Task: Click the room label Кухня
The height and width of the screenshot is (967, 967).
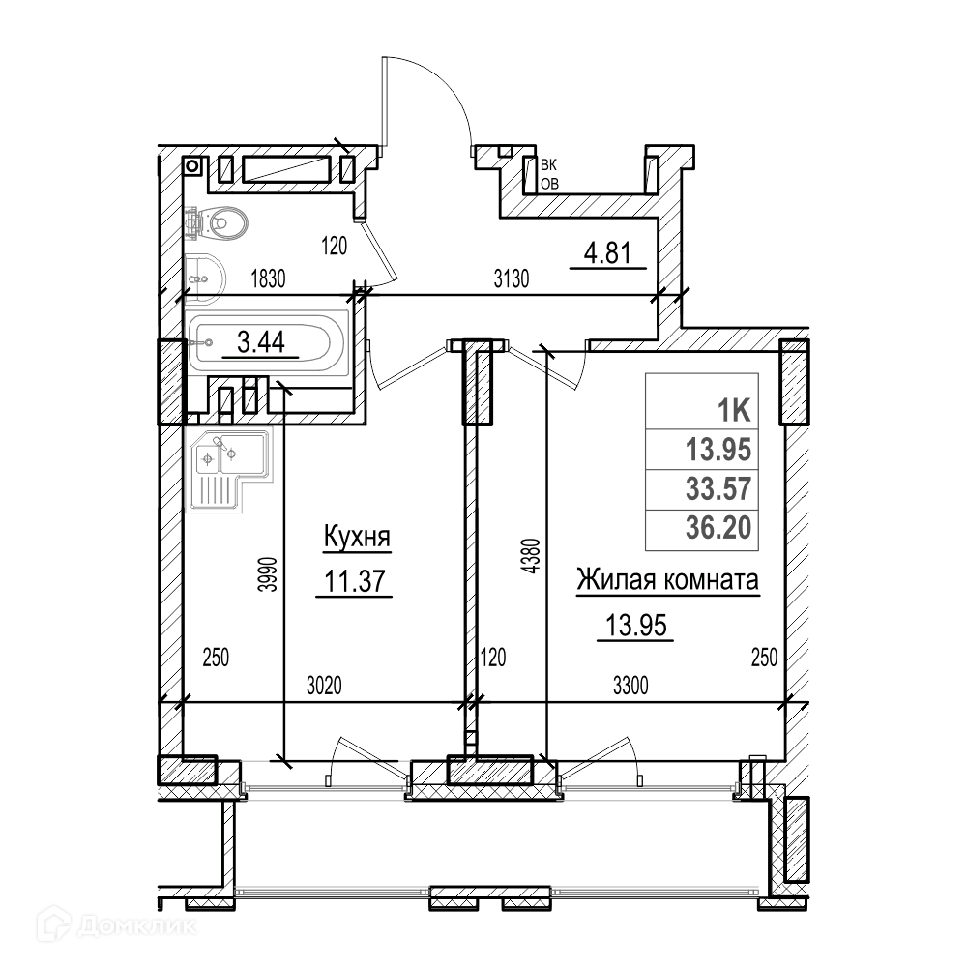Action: (357, 537)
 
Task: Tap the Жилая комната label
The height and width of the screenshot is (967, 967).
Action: (667, 580)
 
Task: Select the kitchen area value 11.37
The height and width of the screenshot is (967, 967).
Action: (355, 581)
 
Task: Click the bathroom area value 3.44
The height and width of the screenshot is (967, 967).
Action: (261, 341)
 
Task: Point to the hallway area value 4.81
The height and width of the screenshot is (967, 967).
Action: (607, 253)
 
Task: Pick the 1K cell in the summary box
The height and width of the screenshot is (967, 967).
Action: (734, 410)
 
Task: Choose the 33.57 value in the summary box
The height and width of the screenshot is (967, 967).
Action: (718, 488)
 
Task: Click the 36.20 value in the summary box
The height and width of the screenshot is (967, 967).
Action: (718, 527)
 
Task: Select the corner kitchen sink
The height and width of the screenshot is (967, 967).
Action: (229, 470)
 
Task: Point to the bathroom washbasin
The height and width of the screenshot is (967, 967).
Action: (205, 278)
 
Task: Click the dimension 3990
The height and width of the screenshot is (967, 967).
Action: (268, 574)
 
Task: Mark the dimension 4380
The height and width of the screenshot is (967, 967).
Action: (532, 557)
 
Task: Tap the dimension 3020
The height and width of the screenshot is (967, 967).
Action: (324, 686)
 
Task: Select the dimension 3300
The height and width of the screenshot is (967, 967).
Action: (630, 686)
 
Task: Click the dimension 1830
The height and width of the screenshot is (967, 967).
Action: (268, 279)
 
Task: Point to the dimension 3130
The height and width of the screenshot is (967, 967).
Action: (512, 279)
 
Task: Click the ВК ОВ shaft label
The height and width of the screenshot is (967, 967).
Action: (549, 174)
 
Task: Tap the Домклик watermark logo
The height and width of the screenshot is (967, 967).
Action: (117, 925)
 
